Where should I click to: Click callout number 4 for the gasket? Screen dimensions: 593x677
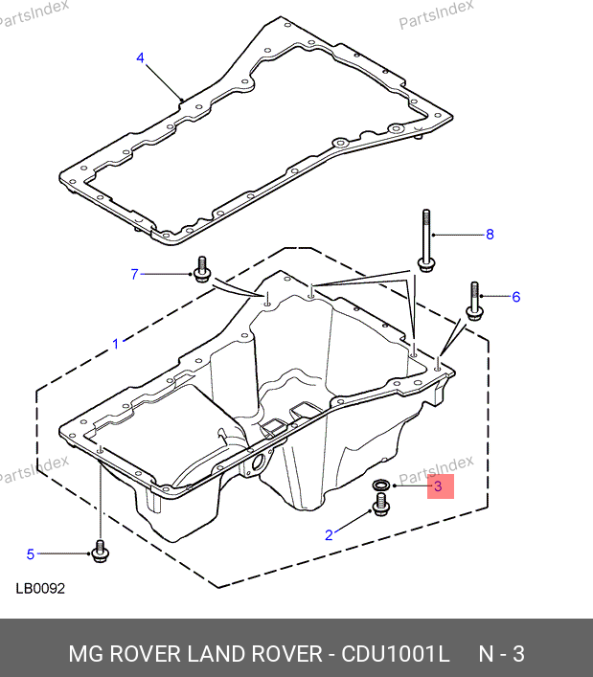click(141, 57)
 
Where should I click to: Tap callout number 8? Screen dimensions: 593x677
click(490, 235)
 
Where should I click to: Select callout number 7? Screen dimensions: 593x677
click(134, 274)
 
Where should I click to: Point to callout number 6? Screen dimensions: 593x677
click(516, 297)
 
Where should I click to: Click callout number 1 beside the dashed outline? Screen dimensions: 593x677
click(115, 344)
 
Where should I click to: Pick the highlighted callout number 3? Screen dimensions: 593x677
click(438, 486)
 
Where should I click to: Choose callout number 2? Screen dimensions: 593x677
click(329, 535)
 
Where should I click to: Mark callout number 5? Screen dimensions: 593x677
click(31, 553)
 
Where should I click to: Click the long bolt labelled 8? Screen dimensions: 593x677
click(426, 240)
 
